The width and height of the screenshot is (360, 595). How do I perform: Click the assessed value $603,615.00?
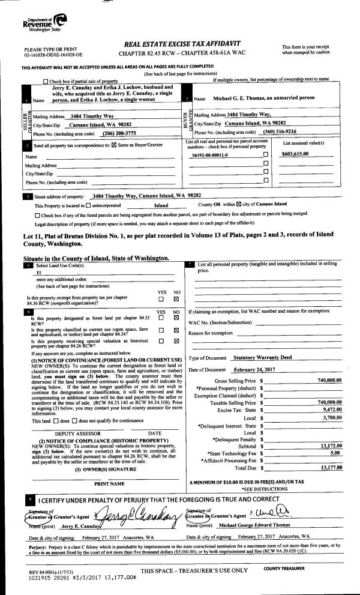298,154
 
